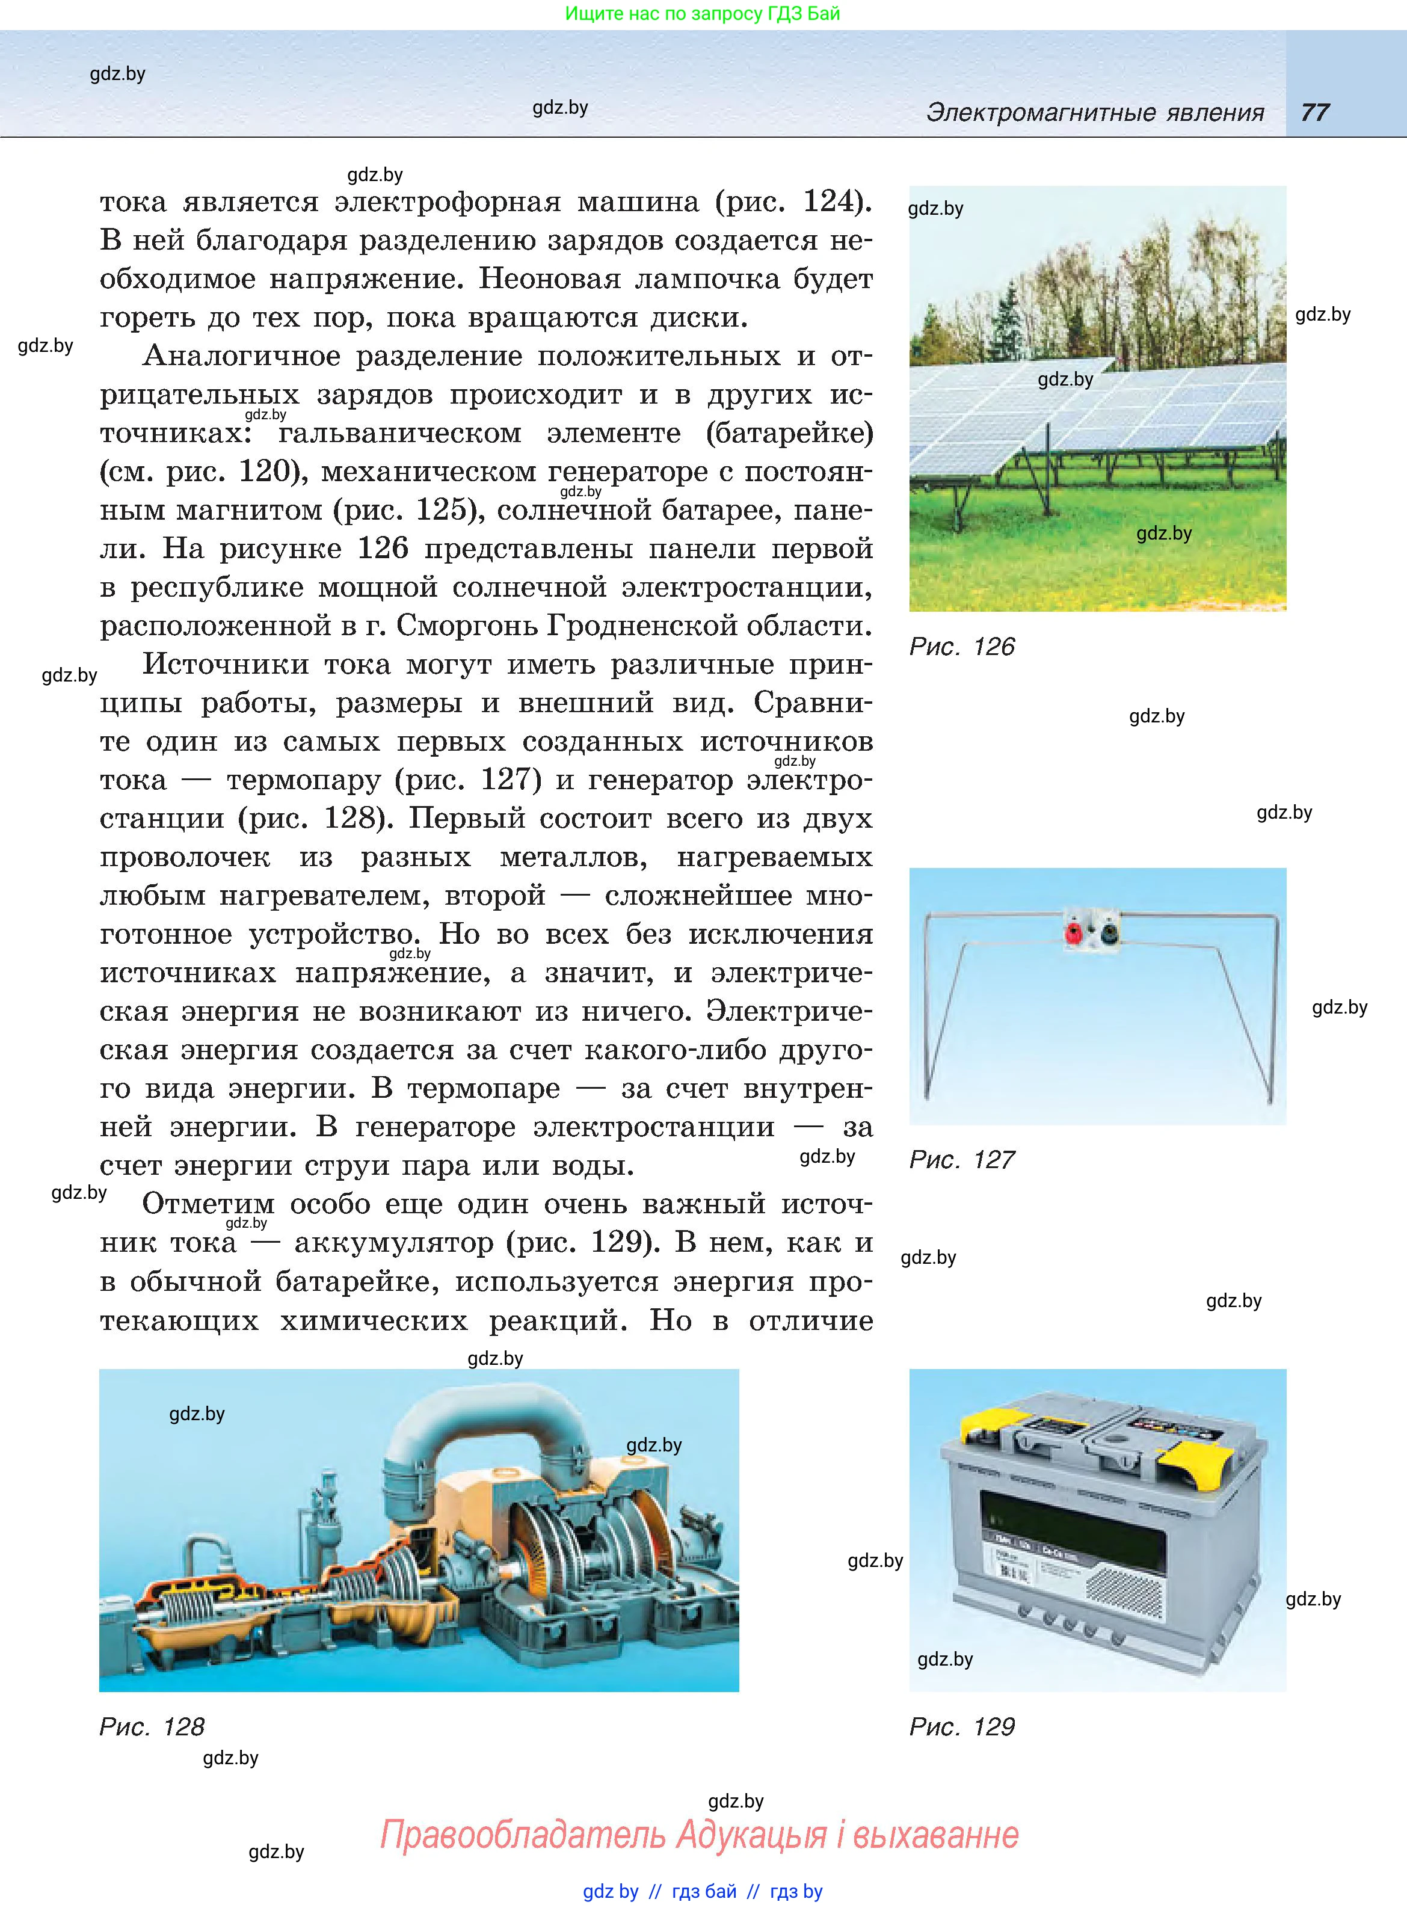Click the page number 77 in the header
click(1314, 112)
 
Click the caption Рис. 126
click(962, 647)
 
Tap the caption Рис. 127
click(962, 1160)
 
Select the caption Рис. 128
click(152, 1727)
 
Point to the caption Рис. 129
click(962, 1727)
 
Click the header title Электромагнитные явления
click(1094, 112)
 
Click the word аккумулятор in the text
click(393, 1243)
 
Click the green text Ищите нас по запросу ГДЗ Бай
click(702, 14)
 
